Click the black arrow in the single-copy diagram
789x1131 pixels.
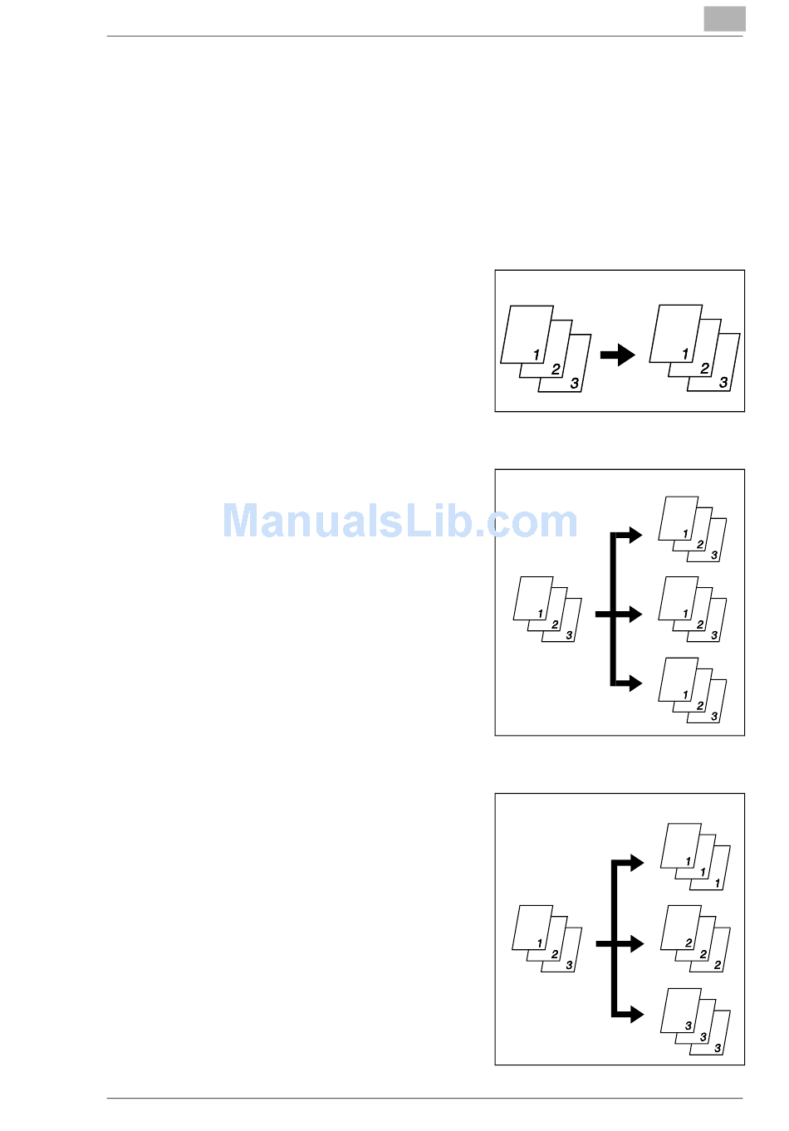tap(617, 355)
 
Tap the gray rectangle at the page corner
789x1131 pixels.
tap(724, 19)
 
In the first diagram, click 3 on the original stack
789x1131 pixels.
tap(574, 384)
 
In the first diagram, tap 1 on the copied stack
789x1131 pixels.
tap(685, 354)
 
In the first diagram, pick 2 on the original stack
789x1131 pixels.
tap(556, 370)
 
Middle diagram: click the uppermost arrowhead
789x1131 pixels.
tap(635, 535)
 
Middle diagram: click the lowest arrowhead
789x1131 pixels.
tap(635, 683)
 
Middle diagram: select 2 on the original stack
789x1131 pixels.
tap(555, 624)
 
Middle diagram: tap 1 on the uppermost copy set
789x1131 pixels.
tap(685, 534)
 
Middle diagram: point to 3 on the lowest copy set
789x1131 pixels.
tap(714, 716)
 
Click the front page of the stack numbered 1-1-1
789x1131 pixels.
tap(680, 844)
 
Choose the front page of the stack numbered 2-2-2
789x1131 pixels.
tap(680, 926)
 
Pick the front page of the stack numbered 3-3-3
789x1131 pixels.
tap(680, 1009)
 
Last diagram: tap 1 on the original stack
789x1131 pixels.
tap(540, 943)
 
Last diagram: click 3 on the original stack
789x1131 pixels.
tap(569, 965)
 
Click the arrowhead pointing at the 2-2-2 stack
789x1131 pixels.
tap(636, 944)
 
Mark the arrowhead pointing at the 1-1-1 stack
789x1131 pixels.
tap(636, 863)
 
